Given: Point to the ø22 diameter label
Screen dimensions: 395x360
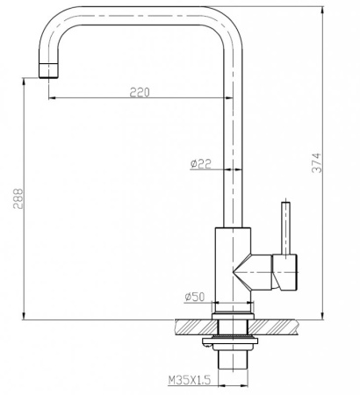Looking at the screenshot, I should click(x=201, y=162).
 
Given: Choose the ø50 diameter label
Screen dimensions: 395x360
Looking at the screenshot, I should click(x=195, y=297).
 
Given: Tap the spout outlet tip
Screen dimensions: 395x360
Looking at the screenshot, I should click(x=47, y=71).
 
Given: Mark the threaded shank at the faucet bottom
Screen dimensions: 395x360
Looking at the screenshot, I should click(x=233, y=362).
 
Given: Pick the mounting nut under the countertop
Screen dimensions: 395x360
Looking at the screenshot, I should click(x=233, y=341).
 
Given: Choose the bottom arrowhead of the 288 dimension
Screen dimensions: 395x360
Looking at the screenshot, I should click(x=24, y=317).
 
